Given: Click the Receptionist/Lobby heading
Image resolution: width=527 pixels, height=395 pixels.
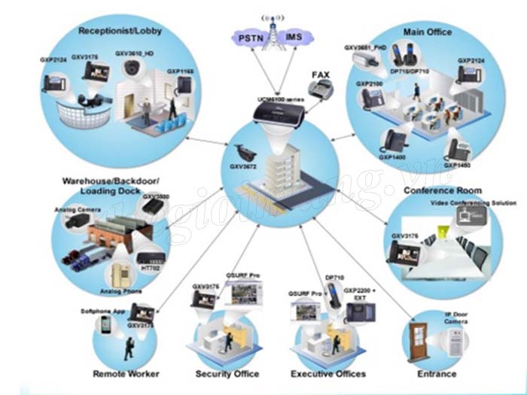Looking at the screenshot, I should pos(120,31).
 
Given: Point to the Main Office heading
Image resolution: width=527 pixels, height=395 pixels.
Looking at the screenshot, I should pos(428,32).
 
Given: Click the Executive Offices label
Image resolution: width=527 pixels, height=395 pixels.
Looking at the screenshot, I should pos(328,374).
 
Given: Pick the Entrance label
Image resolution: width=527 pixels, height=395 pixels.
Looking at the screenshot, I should pos(436,374).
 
